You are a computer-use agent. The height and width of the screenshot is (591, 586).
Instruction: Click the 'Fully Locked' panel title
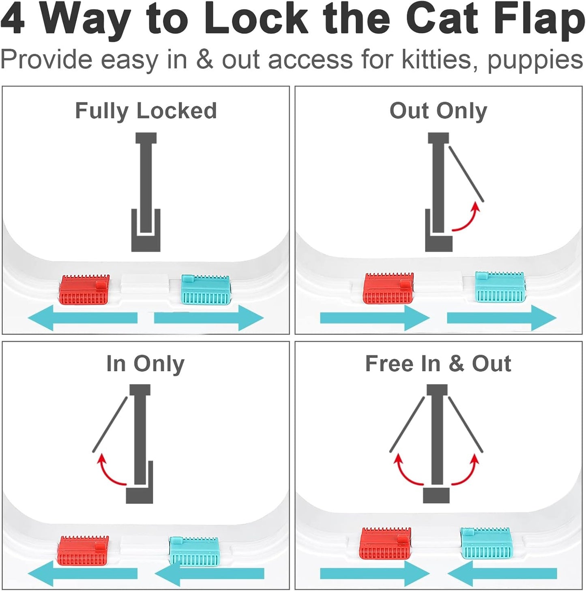(146, 111)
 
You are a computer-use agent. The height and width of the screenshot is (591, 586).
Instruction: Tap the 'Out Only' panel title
(438, 111)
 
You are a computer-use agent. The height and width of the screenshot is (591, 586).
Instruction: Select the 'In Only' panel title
(145, 363)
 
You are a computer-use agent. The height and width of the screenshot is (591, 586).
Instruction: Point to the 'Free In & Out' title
(438, 363)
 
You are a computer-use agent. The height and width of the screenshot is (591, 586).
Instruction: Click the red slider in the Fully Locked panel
(85, 290)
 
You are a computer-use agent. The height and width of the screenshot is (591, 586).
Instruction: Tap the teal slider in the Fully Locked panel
(206, 290)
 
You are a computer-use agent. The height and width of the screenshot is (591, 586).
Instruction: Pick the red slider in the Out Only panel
(389, 288)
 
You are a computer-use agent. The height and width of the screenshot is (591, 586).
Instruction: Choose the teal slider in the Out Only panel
(500, 287)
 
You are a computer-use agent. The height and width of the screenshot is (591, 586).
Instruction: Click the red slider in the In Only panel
(83, 550)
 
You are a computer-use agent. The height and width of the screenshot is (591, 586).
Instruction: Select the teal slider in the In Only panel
(194, 550)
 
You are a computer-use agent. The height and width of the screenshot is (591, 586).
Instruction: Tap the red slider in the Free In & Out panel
(385, 543)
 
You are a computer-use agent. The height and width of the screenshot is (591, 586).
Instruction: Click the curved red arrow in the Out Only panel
(466, 219)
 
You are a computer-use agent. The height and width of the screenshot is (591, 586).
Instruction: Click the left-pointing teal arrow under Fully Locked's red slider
(83, 318)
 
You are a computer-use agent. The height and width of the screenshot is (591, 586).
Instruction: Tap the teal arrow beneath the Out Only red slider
(374, 318)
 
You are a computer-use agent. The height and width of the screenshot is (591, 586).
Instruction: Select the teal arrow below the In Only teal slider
(209, 573)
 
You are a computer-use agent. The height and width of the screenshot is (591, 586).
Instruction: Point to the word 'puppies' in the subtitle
(535, 60)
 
